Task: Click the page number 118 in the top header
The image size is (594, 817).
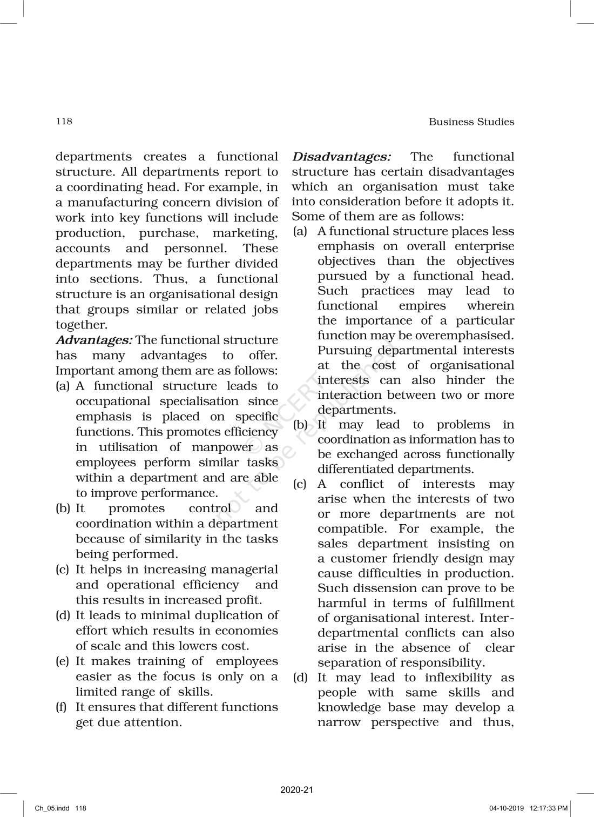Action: [x=64, y=121]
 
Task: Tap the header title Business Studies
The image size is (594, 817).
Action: [x=471, y=122]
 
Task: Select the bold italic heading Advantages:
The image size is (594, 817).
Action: [x=94, y=340]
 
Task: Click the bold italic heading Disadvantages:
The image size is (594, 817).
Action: [x=341, y=157]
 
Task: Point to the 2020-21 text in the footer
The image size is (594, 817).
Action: [x=296, y=790]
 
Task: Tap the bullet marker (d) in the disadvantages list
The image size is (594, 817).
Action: [x=300, y=678]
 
